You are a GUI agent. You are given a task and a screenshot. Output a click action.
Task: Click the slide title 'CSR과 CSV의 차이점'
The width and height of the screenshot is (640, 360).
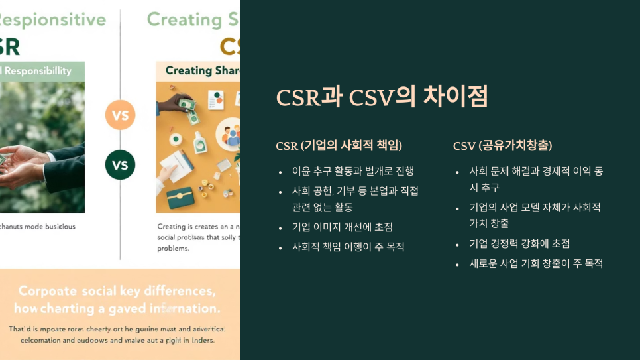[382, 97]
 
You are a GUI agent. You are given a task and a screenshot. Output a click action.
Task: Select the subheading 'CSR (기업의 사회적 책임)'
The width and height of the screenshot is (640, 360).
[339, 146]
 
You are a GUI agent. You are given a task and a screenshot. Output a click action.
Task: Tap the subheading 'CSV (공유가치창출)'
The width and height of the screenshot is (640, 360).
[502, 146]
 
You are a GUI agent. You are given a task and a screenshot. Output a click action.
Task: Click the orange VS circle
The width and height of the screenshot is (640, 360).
[120, 115]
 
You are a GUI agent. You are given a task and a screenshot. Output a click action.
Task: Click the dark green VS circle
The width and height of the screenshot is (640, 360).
[120, 165]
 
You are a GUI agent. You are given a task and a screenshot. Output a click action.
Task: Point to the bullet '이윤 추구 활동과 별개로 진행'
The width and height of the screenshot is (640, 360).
[352, 171]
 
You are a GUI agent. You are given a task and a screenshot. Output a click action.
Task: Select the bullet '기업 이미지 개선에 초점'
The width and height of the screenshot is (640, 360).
[343, 227]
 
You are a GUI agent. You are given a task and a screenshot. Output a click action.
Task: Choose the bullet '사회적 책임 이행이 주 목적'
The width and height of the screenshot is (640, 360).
[348, 247]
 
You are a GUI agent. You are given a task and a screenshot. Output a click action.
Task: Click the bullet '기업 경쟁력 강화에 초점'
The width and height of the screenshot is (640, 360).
[519, 243]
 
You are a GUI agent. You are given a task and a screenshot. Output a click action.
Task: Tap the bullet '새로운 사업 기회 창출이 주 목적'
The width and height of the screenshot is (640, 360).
[536, 263]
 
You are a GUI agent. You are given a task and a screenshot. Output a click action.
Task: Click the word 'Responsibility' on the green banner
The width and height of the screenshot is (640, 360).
[39, 70]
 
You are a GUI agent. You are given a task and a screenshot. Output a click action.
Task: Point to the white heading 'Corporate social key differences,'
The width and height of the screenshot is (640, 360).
[116, 291]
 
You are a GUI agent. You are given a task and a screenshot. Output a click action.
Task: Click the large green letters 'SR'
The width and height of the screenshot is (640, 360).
[9, 46]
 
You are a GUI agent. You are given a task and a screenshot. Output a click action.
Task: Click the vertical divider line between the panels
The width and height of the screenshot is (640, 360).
[120, 212]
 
